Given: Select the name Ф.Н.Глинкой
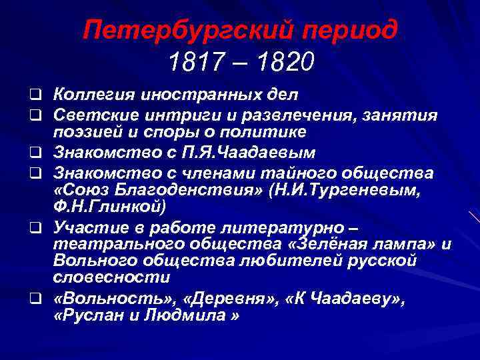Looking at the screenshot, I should pos(110,206).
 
